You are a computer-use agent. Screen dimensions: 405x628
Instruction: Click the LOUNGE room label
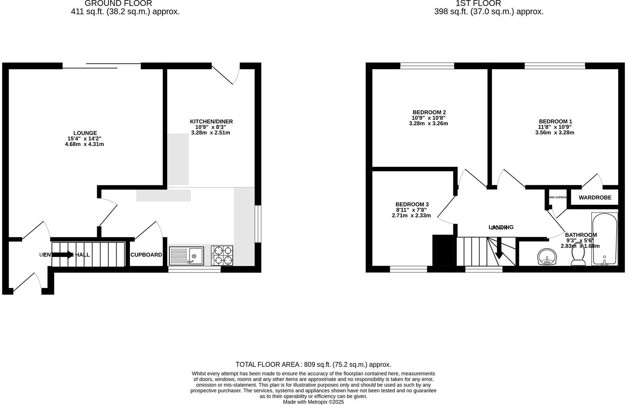[x=85, y=133]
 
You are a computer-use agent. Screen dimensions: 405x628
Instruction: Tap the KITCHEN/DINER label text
[x=211, y=121]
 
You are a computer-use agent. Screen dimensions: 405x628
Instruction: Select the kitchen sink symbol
[x=186, y=256]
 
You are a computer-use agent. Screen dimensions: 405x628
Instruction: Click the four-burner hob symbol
[x=222, y=256]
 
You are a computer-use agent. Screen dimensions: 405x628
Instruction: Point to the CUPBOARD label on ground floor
[x=146, y=255]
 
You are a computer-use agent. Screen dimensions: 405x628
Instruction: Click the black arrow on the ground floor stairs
[x=62, y=255]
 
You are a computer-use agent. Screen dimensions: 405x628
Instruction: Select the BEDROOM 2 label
[x=429, y=112]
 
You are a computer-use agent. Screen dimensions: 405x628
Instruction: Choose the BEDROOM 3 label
[x=412, y=204]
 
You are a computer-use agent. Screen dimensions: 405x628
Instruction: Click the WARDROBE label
[x=595, y=197]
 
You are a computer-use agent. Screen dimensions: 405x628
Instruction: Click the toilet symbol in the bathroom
[x=578, y=257]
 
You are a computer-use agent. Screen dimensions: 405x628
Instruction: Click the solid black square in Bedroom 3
[x=442, y=250]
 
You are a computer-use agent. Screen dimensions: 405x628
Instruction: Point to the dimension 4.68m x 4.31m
[x=84, y=144]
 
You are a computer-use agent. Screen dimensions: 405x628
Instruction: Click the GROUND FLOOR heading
[x=118, y=4]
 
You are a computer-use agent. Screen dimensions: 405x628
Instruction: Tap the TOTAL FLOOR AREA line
[x=313, y=365]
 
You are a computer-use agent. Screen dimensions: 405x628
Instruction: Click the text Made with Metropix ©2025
[x=313, y=402]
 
